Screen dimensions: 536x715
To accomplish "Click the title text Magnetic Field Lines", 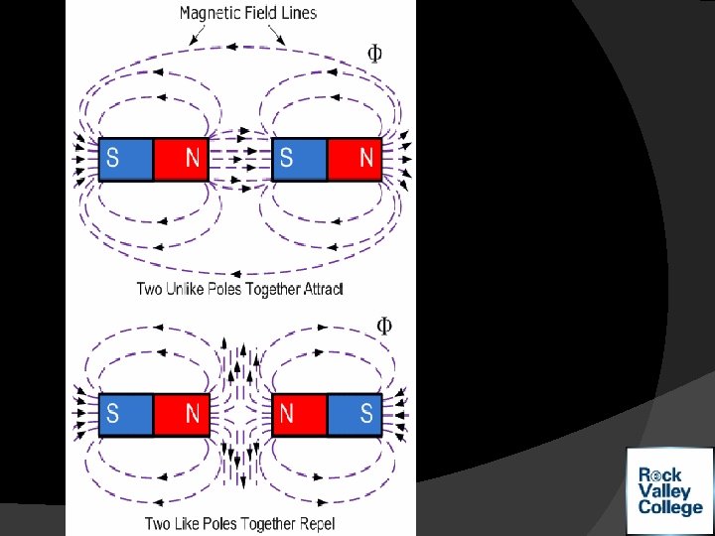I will pyautogui.click(x=248, y=13).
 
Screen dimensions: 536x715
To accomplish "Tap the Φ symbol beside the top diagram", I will pyautogui.click(x=375, y=54).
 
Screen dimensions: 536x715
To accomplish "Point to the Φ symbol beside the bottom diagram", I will pyautogui.click(x=383, y=326).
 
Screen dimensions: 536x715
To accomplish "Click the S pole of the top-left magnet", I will pyautogui.click(x=126, y=158).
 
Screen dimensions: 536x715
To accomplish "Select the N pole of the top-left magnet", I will pyautogui.click(x=181, y=158).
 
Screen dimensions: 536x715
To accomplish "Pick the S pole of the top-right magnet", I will pyautogui.click(x=299, y=158).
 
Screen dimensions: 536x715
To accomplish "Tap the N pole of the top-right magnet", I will pyautogui.click(x=355, y=158).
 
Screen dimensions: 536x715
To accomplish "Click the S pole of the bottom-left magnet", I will pyautogui.click(x=126, y=413).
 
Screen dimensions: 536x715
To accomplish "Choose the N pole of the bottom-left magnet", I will pyautogui.click(x=181, y=413).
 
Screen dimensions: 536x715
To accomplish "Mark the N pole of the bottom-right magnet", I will pyautogui.click(x=299, y=413).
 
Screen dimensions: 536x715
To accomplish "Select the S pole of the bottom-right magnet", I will pyautogui.click(x=355, y=413).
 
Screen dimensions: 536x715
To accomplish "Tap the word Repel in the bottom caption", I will pyautogui.click(x=315, y=523).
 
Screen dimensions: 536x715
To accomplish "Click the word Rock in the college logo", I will pyautogui.click(x=660, y=474).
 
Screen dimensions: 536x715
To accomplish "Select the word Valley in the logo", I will pyautogui.click(x=664, y=491).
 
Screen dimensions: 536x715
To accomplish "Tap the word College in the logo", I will pyautogui.click(x=670, y=508).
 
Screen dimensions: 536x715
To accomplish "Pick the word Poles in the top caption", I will pyautogui.click(x=235, y=290).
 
